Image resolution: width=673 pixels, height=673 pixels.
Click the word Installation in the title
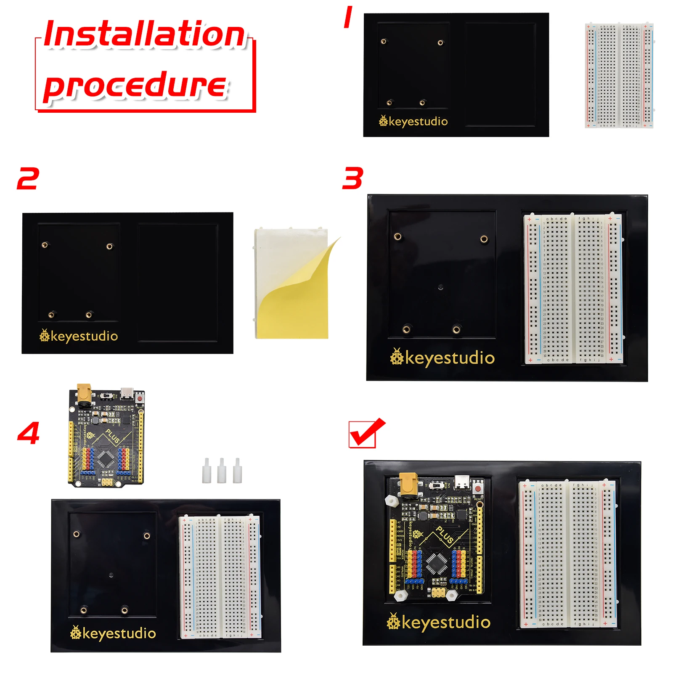[144, 34]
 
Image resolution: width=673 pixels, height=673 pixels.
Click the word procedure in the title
[135, 85]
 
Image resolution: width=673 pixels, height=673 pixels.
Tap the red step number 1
[348, 18]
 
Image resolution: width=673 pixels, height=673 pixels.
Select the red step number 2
[28, 178]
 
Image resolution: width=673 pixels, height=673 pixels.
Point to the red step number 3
[353, 178]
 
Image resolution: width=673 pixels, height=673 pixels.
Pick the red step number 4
[28, 433]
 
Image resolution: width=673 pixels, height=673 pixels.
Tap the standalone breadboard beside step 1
[619, 76]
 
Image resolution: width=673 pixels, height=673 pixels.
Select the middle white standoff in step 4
[222, 471]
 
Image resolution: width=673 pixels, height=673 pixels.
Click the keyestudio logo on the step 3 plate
[442, 358]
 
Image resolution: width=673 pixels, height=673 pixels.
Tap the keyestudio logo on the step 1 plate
[413, 122]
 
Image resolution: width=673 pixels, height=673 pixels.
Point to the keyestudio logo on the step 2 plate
[79, 336]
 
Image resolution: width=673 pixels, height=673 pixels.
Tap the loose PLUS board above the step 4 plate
[106, 437]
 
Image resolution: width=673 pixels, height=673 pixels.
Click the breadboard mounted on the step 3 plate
[572, 289]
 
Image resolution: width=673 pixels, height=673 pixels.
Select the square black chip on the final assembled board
[437, 563]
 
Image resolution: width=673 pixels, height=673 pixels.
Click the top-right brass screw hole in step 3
[484, 239]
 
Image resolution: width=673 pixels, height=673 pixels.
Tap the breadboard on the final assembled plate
[567, 554]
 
